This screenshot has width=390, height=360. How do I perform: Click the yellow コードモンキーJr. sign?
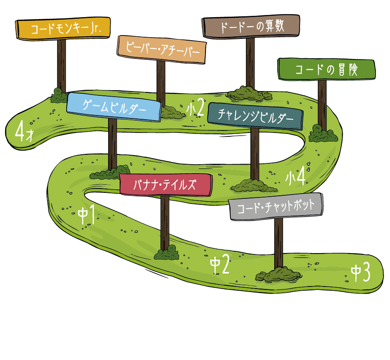[63, 28]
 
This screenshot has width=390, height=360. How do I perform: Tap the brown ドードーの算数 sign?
[251, 27]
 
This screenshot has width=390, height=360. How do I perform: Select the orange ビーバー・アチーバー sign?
[161, 50]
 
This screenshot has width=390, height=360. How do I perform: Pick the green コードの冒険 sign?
[327, 69]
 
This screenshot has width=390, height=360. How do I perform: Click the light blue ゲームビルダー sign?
[114, 107]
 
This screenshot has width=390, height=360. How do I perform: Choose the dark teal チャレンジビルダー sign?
[255, 116]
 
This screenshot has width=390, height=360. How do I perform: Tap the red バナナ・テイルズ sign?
[166, 185]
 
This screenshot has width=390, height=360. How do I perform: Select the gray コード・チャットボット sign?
[276, 207]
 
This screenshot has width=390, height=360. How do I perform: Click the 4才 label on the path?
[24, 132]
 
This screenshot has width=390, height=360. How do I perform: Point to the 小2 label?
[196, 107]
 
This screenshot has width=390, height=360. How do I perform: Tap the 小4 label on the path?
[295, 177]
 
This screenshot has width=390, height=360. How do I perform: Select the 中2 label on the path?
[220, 265]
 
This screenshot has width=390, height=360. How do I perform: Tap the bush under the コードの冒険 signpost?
[323, 134]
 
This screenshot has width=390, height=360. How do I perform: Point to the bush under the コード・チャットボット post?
[279, 275]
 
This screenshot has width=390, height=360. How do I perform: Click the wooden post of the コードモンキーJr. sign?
[62, 66]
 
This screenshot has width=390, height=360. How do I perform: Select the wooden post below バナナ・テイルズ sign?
[164, 223]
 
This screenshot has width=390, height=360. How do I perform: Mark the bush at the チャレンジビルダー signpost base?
[254, 186]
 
